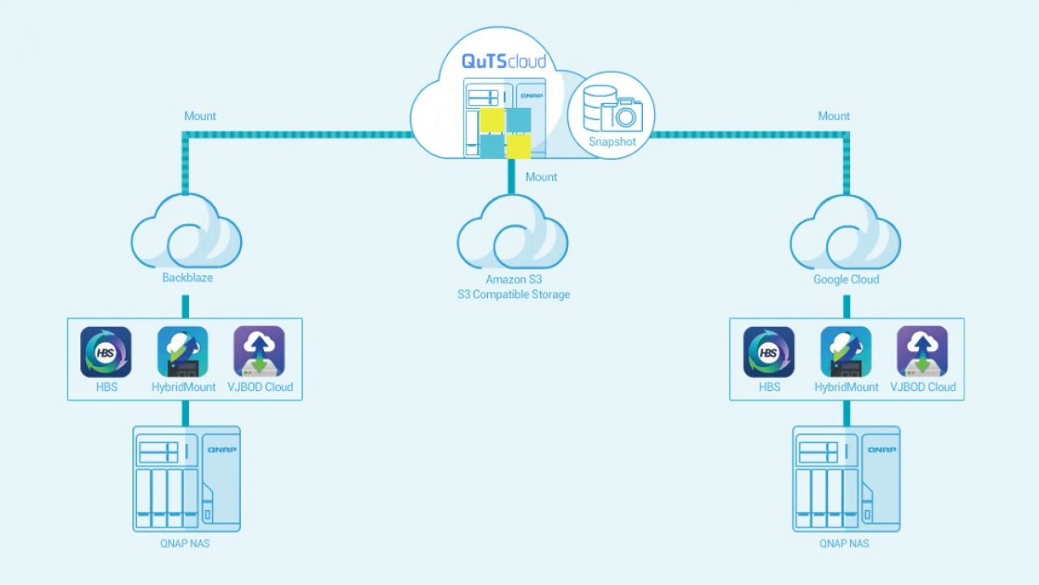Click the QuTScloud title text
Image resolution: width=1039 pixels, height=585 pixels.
coord(504,61)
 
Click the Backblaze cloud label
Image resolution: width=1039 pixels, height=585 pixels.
coord(188,278)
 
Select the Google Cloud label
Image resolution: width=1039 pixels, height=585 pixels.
coord(846,279)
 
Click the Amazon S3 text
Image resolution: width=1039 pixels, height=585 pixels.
coord(514,279)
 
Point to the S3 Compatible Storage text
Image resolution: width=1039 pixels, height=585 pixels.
coord(514,294)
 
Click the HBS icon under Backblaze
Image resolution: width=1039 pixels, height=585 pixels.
coord(106,352)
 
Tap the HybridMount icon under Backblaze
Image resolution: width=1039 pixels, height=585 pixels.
coord(183,352)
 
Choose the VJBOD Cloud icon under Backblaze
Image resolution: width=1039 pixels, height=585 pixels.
coord(259,352)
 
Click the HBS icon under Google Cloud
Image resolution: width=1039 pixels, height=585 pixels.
coord(769,352)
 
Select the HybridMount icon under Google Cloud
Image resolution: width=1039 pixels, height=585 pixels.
coord(846,352)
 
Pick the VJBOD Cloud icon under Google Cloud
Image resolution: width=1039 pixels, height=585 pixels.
coord(922,352)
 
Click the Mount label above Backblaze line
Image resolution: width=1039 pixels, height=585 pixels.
coord(200,116)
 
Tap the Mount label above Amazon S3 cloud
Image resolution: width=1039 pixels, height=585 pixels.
coord(541,177)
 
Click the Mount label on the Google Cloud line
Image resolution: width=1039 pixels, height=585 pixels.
coord(834,116)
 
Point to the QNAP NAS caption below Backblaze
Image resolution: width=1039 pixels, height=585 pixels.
coord(184,544)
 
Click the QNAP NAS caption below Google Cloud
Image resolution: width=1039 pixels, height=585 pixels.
coord(843,544)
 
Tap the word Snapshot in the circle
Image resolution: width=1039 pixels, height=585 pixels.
coord(612,141)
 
